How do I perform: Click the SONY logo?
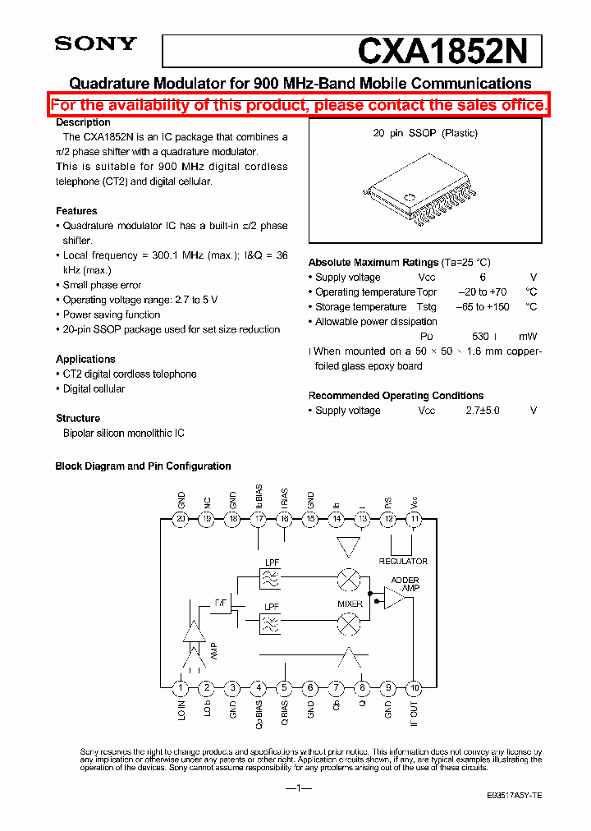(95, 44)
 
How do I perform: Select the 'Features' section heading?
(76, 211)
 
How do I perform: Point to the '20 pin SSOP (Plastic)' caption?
(425, 133)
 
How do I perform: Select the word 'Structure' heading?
(78, 418)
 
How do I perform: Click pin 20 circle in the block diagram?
(181, 518)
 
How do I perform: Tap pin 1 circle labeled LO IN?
(181, 688)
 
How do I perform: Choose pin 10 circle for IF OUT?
(415, 688)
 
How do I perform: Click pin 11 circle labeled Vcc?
(415, 518)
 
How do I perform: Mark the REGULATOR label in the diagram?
(403, 562)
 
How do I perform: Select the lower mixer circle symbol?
(350, 625)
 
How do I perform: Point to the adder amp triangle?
(395, 598)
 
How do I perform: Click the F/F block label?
(221, 604)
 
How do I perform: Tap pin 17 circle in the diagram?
(259, 518)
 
